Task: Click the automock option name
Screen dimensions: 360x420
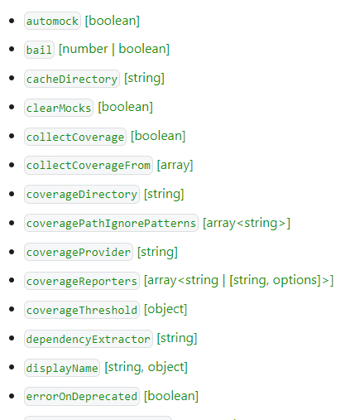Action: [52, 21]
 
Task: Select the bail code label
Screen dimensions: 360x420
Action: [39, 50]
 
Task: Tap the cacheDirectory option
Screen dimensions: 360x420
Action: [72, 79]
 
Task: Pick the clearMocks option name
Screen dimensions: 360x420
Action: [59, 108]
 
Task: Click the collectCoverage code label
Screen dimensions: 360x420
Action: [75, 137]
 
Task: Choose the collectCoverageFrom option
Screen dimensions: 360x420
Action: [89, 166]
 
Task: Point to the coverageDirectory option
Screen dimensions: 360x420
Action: [82, 195]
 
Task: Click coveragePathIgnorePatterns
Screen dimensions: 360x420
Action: [111, 223]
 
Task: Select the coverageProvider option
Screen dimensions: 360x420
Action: [79, 252]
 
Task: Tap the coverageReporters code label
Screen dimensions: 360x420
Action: [82, 281]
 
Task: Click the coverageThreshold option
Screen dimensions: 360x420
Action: [82, 310]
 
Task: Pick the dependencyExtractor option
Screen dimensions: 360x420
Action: [89, 339]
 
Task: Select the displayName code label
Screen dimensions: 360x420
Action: [62, 368]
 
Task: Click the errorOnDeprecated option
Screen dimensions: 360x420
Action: [82, 397]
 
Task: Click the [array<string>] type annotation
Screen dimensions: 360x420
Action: [247, 223]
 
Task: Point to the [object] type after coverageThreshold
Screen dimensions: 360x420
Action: [166, 309]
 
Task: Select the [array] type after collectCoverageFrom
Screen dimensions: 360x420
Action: [175, 166]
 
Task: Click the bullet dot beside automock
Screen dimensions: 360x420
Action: [12, 21]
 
